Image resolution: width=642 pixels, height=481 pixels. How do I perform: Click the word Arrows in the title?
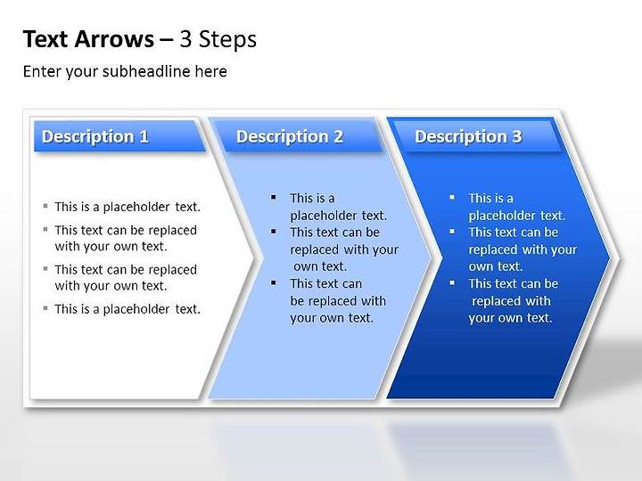(x=115, y=39)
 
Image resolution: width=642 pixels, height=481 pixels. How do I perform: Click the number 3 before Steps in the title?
(x=185, y=39)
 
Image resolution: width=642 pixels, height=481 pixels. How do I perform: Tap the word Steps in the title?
(x=227, y=40)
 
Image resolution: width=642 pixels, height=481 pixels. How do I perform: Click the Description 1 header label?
(x=95, y=136)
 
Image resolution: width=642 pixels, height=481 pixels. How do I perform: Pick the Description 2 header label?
(x=290, y=136)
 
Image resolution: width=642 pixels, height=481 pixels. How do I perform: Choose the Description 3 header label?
(x=468, y=136)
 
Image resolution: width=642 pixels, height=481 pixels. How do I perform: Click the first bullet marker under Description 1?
(x=45, y=206)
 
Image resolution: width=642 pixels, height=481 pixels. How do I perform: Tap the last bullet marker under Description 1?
(x=45, y=308)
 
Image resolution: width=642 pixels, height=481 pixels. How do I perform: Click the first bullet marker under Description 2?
(x=274, y=197)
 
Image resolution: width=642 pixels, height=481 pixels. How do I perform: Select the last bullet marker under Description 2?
(x=274, y=282)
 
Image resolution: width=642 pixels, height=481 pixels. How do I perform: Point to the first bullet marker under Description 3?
(x=452, y=197)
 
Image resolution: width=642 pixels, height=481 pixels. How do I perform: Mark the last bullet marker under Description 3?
(x=452, y=282)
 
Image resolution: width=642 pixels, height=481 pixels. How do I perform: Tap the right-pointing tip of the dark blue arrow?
(x=611, y=258)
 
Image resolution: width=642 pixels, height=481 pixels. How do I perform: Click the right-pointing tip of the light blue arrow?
(x=432, y=258)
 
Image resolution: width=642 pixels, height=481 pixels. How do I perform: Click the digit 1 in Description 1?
(x=144, y=136)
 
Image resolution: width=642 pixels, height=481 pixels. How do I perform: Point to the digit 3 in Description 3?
(x=516, y=136)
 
